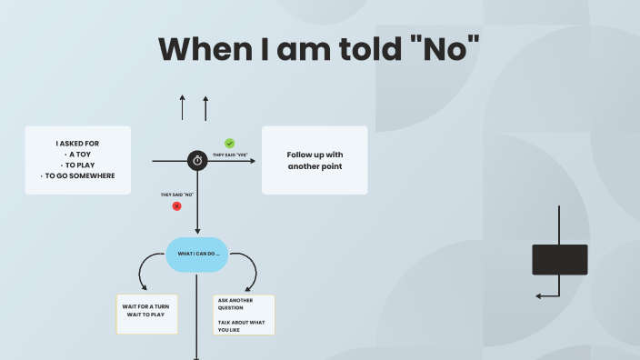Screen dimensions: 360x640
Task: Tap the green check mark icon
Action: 229,143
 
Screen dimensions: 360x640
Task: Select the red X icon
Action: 176,206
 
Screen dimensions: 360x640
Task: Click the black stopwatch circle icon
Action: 197,161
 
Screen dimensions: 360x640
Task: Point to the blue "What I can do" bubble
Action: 197,254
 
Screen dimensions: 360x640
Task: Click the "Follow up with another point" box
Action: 315,160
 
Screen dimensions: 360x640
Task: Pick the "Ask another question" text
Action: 235,304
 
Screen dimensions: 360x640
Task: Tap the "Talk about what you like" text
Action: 241,325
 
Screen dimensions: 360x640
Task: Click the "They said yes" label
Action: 230,155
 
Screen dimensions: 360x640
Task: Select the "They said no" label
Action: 177,195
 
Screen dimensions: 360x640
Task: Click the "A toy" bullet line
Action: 79,154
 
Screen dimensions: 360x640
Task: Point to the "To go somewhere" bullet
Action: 79,175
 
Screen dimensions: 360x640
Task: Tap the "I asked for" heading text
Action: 77,143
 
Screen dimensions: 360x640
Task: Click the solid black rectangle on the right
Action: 559,259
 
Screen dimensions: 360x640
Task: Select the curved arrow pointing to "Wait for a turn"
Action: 148,270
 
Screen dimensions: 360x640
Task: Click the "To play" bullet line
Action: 79,165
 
